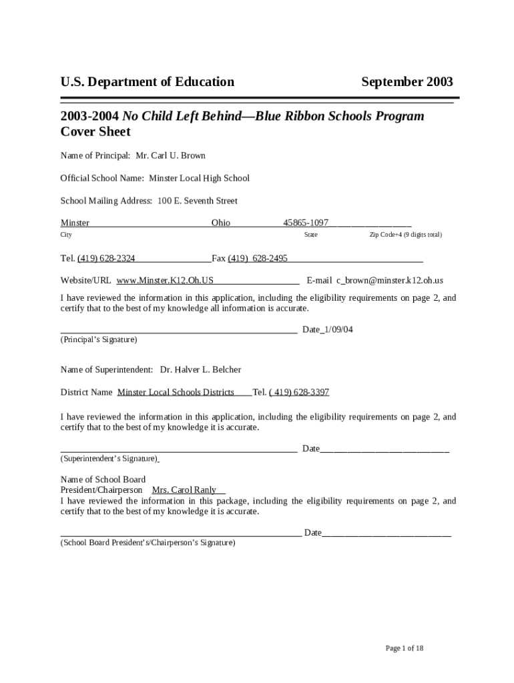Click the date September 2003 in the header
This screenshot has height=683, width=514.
407,82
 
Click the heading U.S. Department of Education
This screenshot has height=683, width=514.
147,82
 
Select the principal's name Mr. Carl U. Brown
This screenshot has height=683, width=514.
170,155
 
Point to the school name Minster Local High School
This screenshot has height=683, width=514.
199,178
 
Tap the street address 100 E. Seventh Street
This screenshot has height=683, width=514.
197,201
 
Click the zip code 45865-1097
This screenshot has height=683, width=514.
306,223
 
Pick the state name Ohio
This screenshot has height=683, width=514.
221,223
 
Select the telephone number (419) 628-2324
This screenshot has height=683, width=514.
106,258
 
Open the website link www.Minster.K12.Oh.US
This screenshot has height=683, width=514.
165,281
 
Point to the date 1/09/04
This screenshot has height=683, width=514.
338,329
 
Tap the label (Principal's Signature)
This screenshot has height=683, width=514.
99,339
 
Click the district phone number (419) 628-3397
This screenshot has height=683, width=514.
299,392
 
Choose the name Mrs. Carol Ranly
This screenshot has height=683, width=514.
184,490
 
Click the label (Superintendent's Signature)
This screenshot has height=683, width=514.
109,459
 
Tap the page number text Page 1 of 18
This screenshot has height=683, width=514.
405,648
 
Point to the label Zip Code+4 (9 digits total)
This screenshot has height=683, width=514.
406,235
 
